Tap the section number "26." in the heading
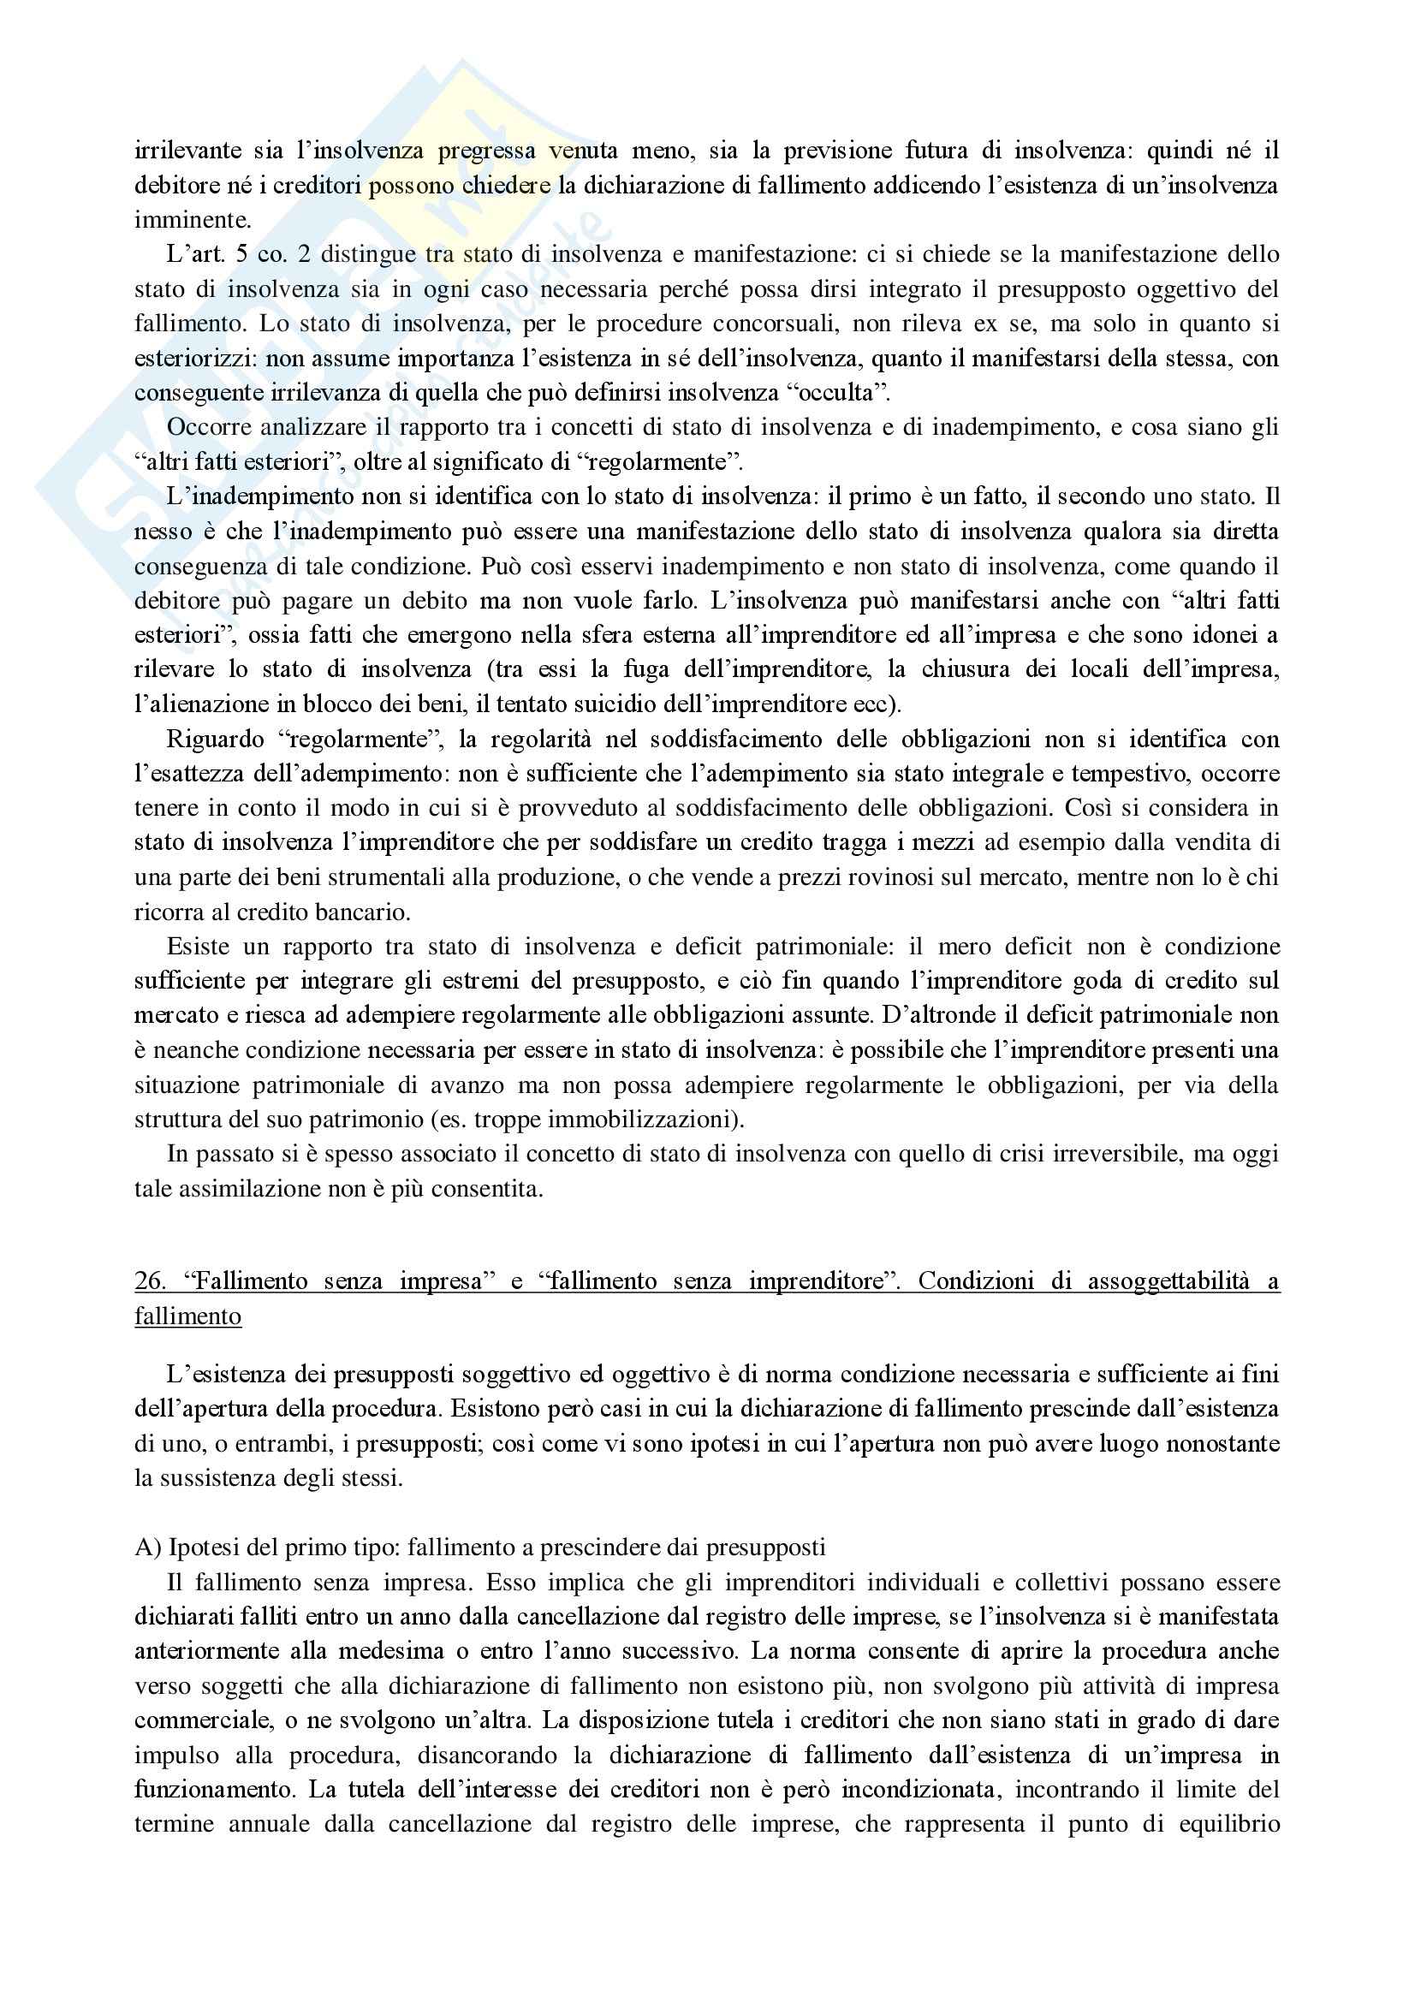click(150, 1281)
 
